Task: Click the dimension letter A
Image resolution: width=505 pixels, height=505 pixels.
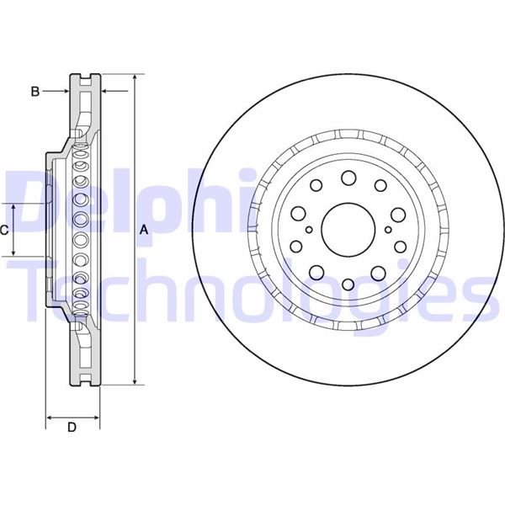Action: click(144, 230)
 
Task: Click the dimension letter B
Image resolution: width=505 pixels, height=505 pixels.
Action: click(35, 92)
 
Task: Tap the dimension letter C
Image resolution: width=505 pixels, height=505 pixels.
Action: click(4, 231)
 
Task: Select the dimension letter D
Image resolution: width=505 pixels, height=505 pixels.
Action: click(72, 427)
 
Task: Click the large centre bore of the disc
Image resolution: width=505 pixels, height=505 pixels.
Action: click(348, 230)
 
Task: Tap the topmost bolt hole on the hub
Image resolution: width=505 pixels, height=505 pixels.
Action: click(348, 178)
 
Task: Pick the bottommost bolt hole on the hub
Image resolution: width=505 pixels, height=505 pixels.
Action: click(348, 284)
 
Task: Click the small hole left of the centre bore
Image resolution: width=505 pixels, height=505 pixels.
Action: click(309, 230)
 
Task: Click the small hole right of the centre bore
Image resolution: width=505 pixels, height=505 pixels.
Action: click(388, 230)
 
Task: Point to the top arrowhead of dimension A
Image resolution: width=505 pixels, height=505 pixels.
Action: click(136, 77)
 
